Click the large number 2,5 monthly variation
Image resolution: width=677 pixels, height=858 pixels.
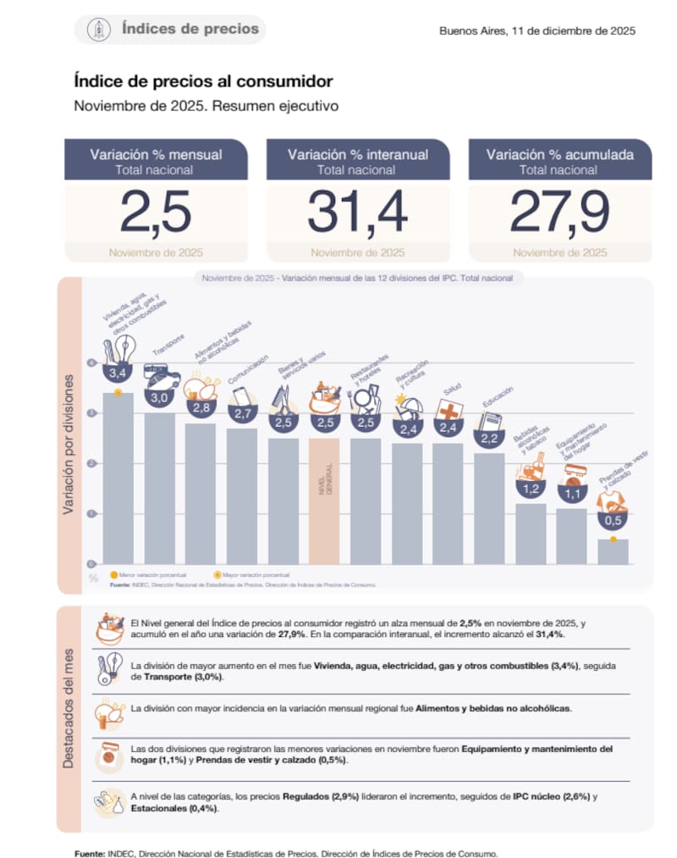pyautogui.click(x=155, y=212)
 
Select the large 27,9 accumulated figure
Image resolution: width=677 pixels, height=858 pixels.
pyautogui.click(x=559, y=212)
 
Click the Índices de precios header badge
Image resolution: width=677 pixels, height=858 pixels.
pyautogui.click(x=169, y=30)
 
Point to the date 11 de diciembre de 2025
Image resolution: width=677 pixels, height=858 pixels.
pyautogui.click(x=537, y=30)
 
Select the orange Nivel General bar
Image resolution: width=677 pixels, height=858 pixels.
pyautogui.click(x=324, y=500)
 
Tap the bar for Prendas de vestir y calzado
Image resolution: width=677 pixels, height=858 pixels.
pyautogui.click(x=613, y=551)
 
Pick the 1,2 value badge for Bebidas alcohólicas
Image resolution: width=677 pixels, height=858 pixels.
pyautogui.click(x=531, y=489)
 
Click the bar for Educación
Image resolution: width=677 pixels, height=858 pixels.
pyautogui.click(x=489, y=508)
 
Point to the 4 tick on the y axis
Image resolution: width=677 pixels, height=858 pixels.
pyautogui.click(x=91, y=363)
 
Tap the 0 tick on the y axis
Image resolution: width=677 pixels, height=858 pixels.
pyautogui.click(x=91, y=563)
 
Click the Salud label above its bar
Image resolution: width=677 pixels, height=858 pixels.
pyautogui.click(x=451, y=392)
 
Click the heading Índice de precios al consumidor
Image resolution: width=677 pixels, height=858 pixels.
pyautogui.click(x=203, y=81)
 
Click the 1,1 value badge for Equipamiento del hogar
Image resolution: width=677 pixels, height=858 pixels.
pyautogui.click(x=571, y=494)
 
